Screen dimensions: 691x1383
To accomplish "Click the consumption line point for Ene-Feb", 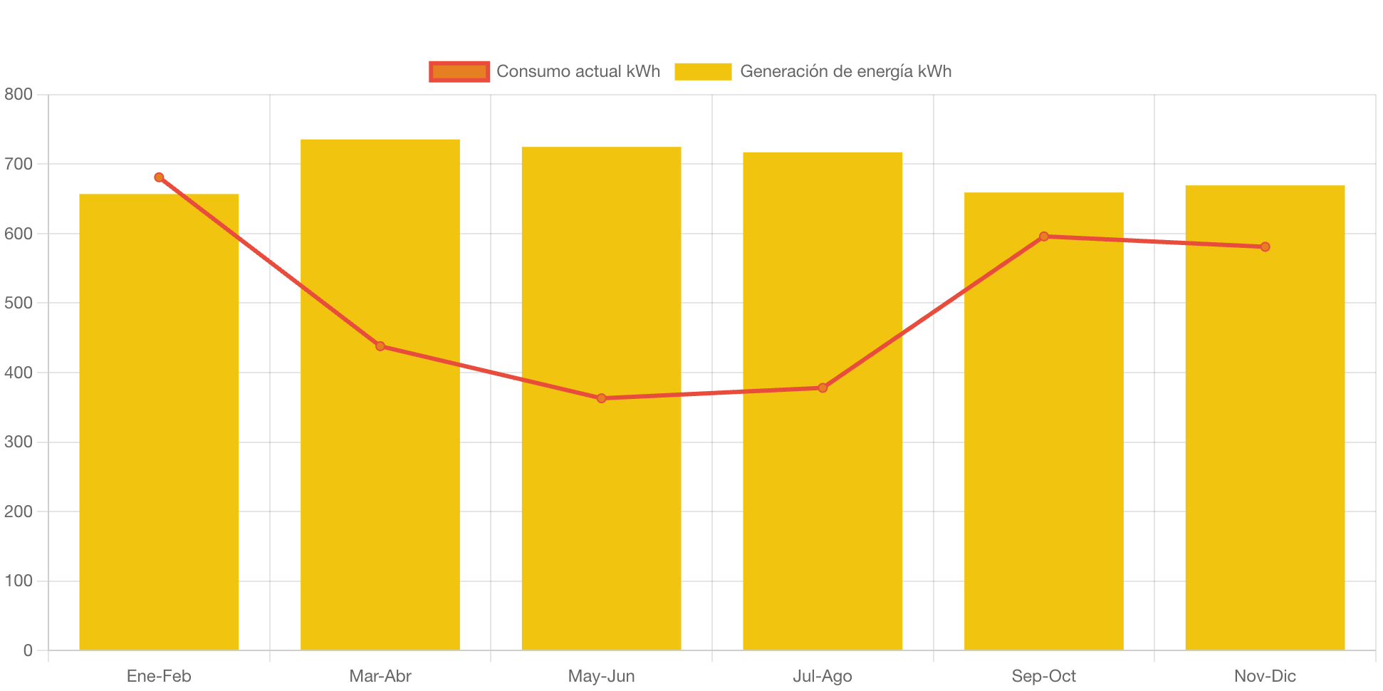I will click(x=159, y=177).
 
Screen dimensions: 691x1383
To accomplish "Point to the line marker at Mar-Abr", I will click(x=380, y=346).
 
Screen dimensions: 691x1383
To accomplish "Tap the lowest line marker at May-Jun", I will click(x=602, y=398).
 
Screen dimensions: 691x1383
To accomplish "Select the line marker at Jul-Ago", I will click(x=823, y=388).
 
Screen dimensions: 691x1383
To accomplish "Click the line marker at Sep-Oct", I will click(x=1044, y=237).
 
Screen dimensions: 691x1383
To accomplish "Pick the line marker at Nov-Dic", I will click(x=1265, y=247).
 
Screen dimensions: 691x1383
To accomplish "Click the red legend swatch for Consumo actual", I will click(x=459, y=71).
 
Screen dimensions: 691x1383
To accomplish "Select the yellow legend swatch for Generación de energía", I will click(x=703, y=71).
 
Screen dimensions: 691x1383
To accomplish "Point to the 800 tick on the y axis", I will click(x=19, y=94).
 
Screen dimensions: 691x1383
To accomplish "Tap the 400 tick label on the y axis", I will click(x=19, y=373).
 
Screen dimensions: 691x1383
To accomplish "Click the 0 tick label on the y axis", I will click(x=28, y=650).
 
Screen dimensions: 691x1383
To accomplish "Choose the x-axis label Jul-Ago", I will click(x=823, y=676).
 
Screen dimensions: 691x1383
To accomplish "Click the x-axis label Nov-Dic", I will click(x=1265, y=676).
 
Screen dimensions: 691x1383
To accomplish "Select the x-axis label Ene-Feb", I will click(x=159, y=676).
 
